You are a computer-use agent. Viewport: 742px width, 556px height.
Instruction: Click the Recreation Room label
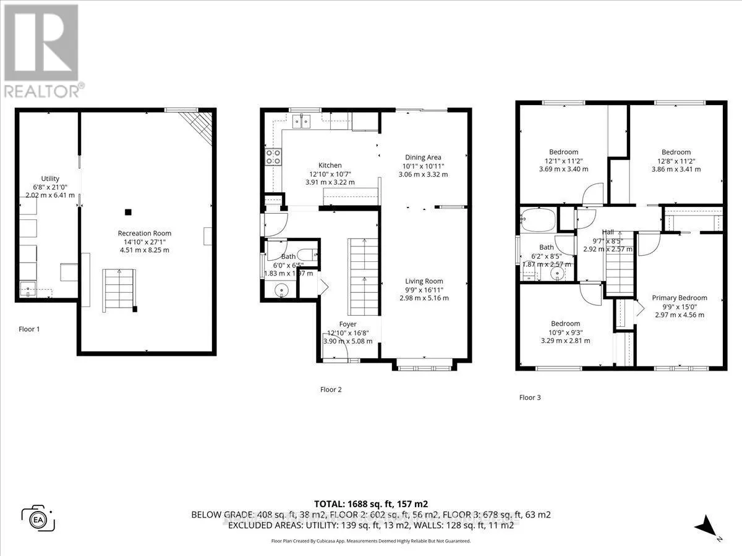tap(143, 233)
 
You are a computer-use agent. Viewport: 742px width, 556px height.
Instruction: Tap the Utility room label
tap(50, 179)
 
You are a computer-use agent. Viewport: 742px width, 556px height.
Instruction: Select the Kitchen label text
tap(330, 165)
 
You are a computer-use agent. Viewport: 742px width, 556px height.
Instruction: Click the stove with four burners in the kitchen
tap(273, 157)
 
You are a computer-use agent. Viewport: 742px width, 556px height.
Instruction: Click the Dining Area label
tap(423, 157)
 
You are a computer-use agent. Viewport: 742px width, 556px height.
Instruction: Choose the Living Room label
tap(425, 281)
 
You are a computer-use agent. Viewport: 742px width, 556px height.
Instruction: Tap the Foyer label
tap(348, 324)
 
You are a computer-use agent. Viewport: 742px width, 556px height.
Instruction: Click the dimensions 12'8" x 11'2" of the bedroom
tap(676, 161)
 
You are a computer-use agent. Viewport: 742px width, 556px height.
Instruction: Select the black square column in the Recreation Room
tap(128, 212)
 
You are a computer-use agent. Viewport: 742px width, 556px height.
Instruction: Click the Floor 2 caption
tap(331, 389)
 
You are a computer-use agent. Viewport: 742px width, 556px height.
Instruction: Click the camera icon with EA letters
tap(38, 518)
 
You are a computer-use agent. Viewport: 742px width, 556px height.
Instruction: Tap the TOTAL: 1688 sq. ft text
tap(370, 503)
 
